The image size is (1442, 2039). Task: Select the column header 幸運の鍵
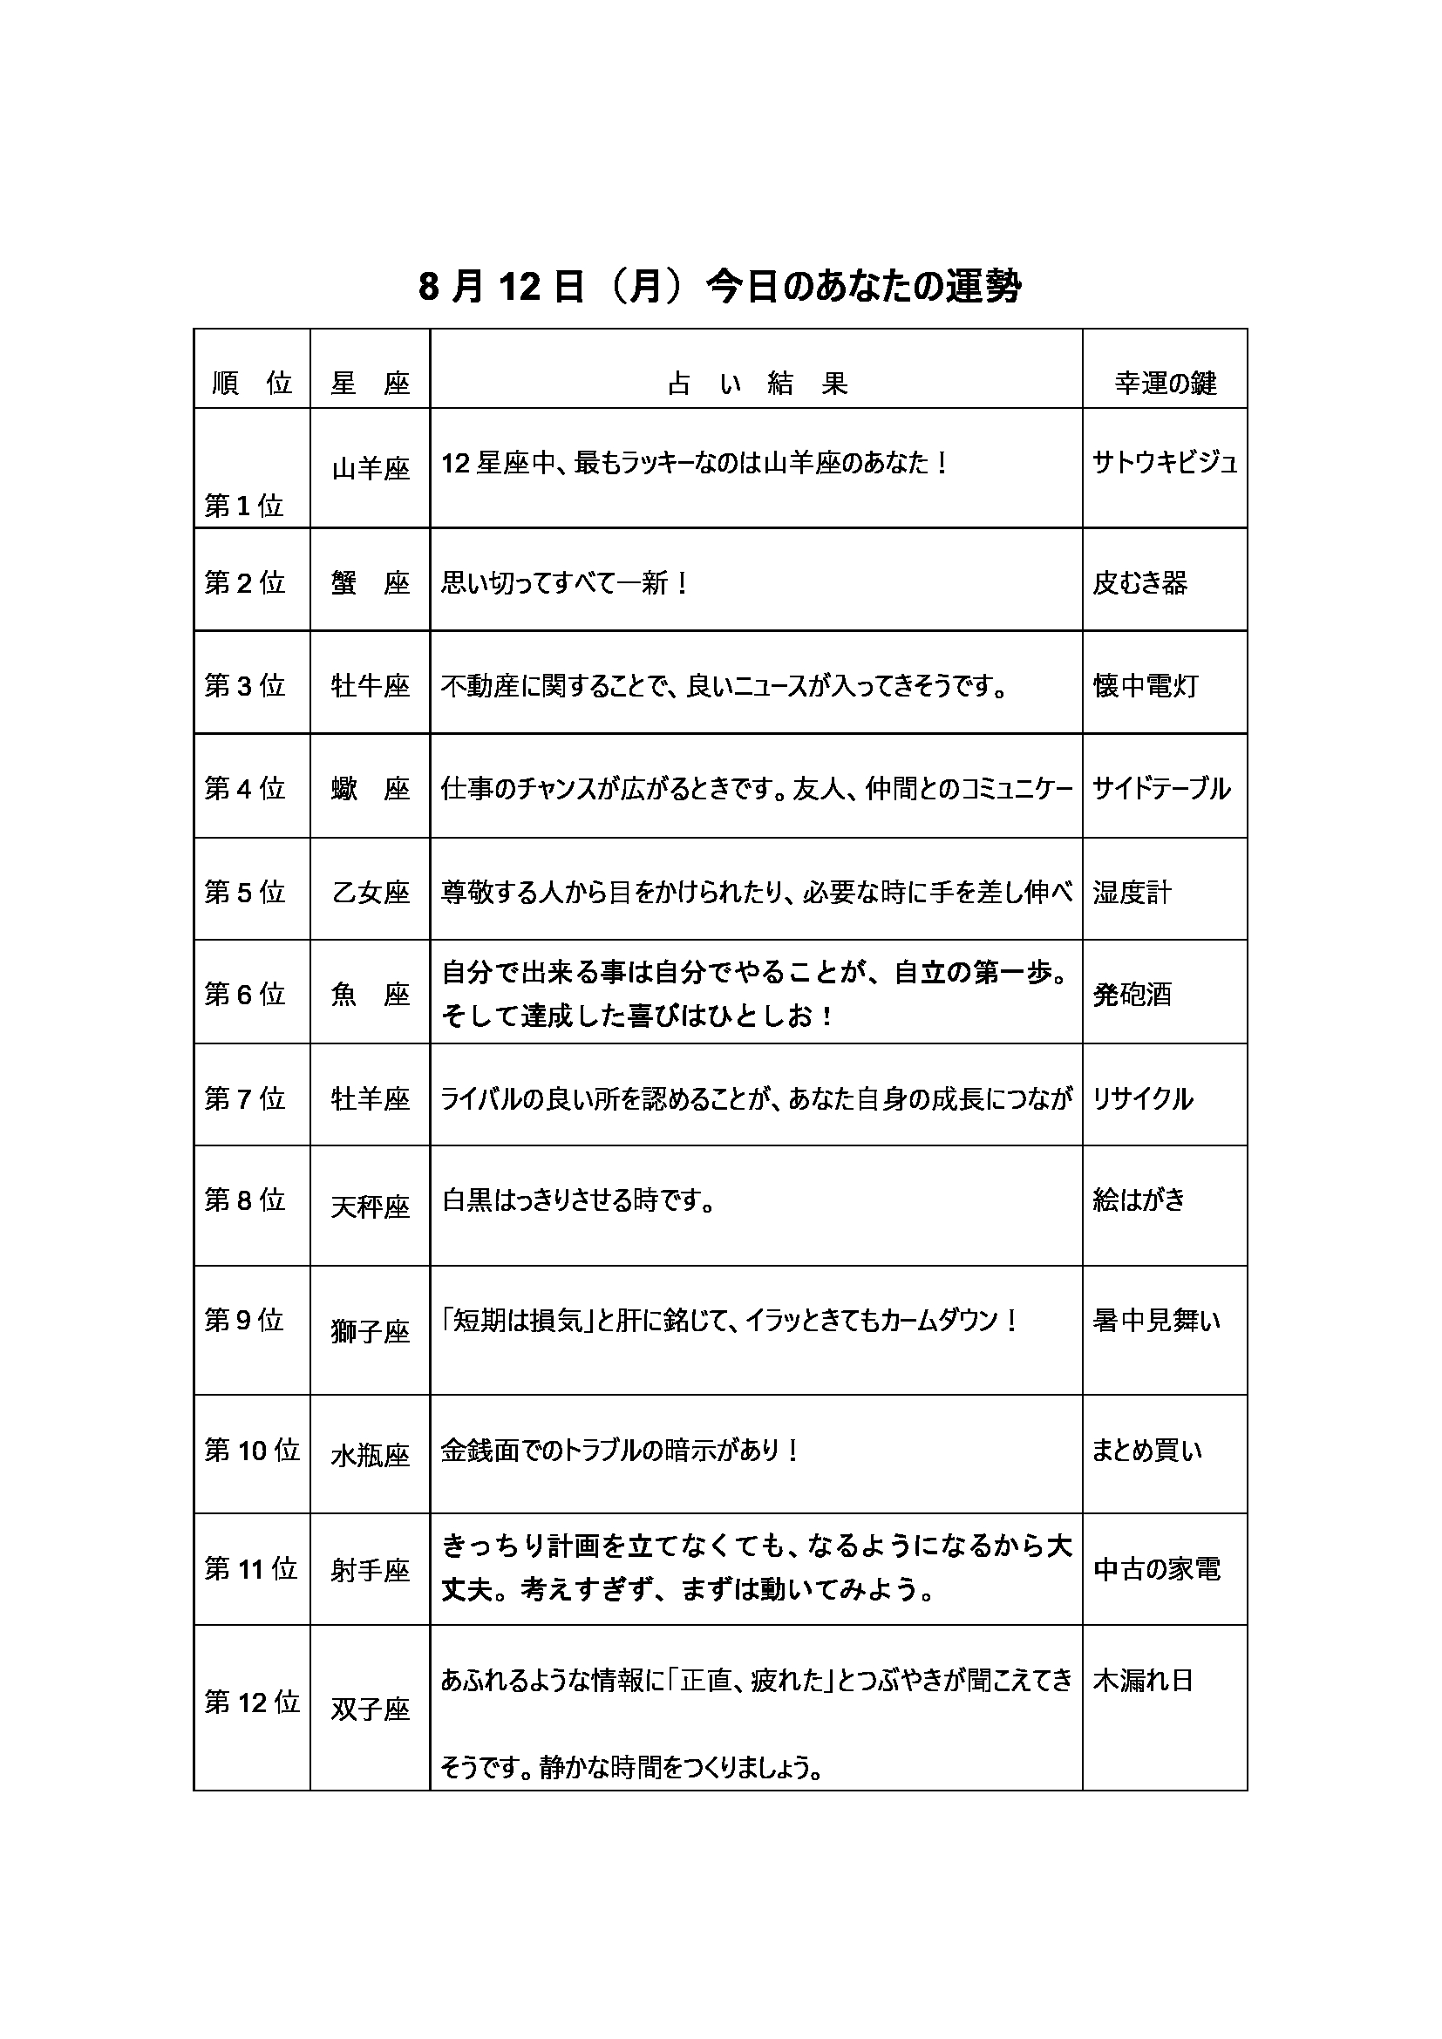pyautogui.click(x=1165, y=383)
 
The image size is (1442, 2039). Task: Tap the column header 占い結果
pyautogui.click(x=758, y=383)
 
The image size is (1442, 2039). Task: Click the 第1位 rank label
pyautogui.click(x=244, y=506)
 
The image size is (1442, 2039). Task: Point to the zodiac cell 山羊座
pyautogui.click(x=371, y=468)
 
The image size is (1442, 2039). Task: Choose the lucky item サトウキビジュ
pyautogui.click(x=1164, y=462)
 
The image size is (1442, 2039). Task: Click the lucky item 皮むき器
pyautogui.click(x=1139, y=582)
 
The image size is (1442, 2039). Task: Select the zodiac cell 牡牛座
pyautogui.click(x=371, y=685)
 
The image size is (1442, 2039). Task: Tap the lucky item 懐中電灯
pyautogui.click(x=1145, y=685)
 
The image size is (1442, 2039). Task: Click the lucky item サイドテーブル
pyautogui.click(x=1160, y=788)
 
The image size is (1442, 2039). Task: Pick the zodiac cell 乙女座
pyautogui.click(x=371, y=892)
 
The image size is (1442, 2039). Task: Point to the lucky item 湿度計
pyautogui.click(x=1133, y=892)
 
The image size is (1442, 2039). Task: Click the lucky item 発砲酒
pyautogui.click(x=1133, y=994)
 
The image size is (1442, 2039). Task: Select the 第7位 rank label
pyautogui.click(x=245, y=1098)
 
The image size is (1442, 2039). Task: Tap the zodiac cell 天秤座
pyautogui.click(x=371, y=1206)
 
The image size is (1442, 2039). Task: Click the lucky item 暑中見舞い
pyautogui.click(x=1156, y=1321)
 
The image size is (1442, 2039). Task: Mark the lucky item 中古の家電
pyautogui.click(x=1156, y=1569)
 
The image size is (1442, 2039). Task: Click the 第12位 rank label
pyautogui.click(x=252, y=1702)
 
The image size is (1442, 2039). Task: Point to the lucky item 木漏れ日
pyautogui.click(x=1143, y=1680)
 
